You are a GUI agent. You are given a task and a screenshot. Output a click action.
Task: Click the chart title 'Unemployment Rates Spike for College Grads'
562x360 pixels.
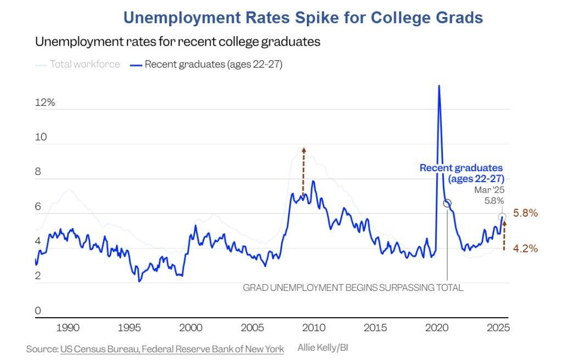[x=303, y=18]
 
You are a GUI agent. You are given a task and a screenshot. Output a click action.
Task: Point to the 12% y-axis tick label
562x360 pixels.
[x=46, y=103]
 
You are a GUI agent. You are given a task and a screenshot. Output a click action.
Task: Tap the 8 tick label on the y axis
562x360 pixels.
[x=38, y=172]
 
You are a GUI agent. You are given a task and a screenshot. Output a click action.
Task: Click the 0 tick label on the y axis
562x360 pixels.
[x=38, y=311]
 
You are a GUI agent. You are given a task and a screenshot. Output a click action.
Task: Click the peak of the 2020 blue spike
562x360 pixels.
[x=439, y=86]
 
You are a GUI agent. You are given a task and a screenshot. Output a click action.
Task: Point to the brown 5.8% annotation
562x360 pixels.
[x=525, y=213]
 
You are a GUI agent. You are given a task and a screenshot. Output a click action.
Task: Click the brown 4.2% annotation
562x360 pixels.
[x=525, y=248]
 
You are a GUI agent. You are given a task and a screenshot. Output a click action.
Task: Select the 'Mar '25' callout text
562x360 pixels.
[x=489, y=190]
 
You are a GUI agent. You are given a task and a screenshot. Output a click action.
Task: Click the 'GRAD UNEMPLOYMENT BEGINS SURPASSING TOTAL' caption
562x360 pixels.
[x=353, y=288]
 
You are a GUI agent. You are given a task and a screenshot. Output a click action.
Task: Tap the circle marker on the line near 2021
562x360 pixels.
[x=447, y=203]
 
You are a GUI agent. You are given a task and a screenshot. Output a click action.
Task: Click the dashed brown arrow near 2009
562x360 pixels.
[x=304, y=170]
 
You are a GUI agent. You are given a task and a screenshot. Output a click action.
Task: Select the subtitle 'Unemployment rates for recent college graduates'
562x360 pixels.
[x=177, y=42]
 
